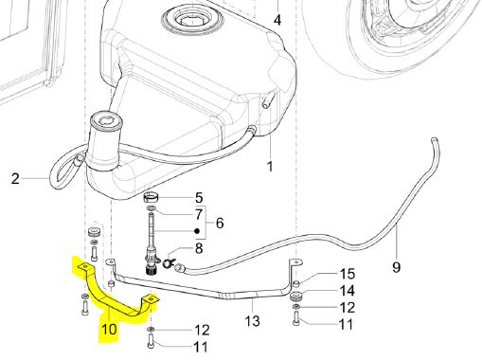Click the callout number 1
pyautogui.click(x=270, y=167)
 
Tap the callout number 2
pyautogui.click(x=15, y=179)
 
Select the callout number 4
pyautogui.click(x=277, y=20)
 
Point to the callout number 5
pyautogui.click(x=199, y=198)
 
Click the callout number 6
pyautogui.click(x=220, y=223)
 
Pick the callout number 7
pyautogui.click(x=199, y=214)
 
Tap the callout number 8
pyautogui.click(x=199, y=248)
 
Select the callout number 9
pyautogui.click(x=397, y=267)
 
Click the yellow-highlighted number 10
pyautogui.click(x=109, y=330)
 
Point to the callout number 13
pyautogui.click(x=253, y=321)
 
